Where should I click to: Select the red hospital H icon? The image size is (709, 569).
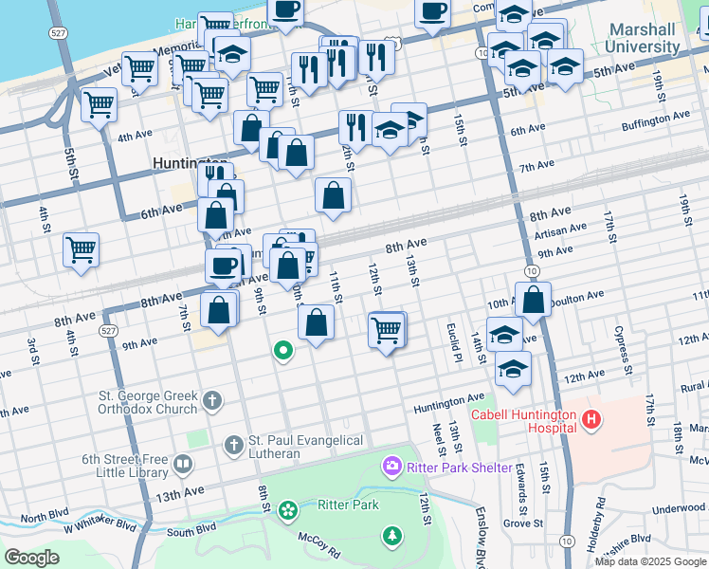(591, 419)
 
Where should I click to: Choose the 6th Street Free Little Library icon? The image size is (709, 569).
(182, 465)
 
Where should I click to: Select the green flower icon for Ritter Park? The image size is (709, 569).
(287, 511)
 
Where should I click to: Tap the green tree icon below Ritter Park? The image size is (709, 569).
(391, 537)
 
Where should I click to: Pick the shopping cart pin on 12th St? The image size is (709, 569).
(387, 330)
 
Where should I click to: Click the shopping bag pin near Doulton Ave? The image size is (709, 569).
(534, 298)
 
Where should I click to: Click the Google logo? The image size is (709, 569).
(32, 557)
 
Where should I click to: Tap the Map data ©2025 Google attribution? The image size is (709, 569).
(651, 561)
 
